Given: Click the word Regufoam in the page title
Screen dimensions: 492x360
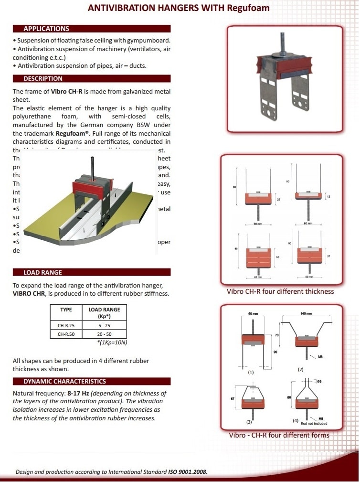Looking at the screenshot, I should tap(247, 8).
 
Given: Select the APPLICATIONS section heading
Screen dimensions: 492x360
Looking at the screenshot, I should tap(46, 29).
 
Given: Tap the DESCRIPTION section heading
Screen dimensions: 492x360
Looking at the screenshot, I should tap(43, 78).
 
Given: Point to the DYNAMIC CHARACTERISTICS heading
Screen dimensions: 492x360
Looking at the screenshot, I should tap(65, 381).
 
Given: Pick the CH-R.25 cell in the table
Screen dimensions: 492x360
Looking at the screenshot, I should tap(66, 325).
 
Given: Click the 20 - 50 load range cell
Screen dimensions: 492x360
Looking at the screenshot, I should tap(104, 334).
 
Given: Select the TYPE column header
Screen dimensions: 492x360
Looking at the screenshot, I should tap(66, 310).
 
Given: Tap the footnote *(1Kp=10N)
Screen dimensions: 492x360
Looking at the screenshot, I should tap(112, 342).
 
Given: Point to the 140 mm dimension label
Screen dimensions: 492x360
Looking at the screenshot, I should tap(306, 313).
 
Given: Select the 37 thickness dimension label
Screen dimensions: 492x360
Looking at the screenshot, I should tap(328, 257).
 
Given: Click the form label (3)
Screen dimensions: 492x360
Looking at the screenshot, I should tap(249, 422).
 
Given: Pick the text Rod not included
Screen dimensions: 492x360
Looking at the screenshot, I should tap(314, 423).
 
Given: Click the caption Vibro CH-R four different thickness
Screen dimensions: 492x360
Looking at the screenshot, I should tap(280, 291).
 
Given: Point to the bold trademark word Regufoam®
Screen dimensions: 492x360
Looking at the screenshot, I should tap(72, 134).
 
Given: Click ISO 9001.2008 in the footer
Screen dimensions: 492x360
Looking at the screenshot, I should tap(188, 472).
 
